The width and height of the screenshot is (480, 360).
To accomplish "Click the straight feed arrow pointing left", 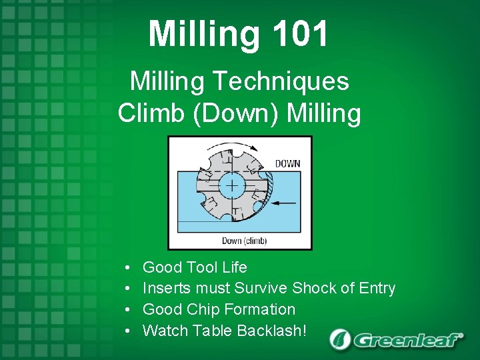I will click(x=286, y=201).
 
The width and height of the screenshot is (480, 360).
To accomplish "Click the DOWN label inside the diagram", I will click(x=287, y=163).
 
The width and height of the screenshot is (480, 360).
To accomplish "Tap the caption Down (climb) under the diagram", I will click(x=244, y=240).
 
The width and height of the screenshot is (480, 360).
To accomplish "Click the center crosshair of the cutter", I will click(x=231, y=185).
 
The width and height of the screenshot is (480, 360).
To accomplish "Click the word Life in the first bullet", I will click(x=234, y=267).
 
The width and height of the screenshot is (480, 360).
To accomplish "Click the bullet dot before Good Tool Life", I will click(x=127, y=268).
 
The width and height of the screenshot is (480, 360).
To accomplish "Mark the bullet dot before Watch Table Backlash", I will click(x=127, y=331).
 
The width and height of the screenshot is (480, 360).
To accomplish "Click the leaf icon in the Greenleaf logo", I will click(x=340, y=339).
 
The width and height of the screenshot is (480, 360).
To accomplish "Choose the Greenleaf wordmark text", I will click(x=408, y=340).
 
